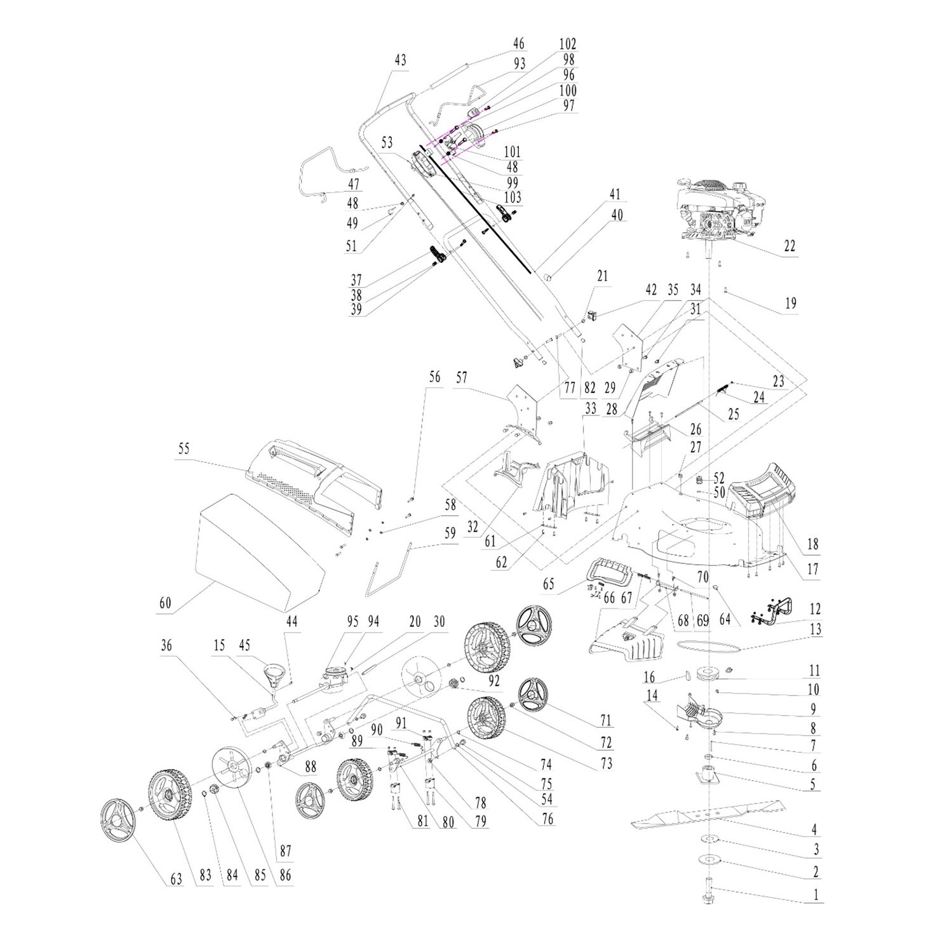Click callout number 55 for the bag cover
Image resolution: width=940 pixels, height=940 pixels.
click(184, 448)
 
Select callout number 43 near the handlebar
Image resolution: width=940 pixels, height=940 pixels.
click(400, 61)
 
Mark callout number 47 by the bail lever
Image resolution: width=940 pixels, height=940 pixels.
click(353, 185)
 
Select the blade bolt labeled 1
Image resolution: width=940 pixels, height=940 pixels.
click(709, 889)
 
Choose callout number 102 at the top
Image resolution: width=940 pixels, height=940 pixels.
click(567, 44)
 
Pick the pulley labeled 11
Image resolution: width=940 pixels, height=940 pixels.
click(705, 673)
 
